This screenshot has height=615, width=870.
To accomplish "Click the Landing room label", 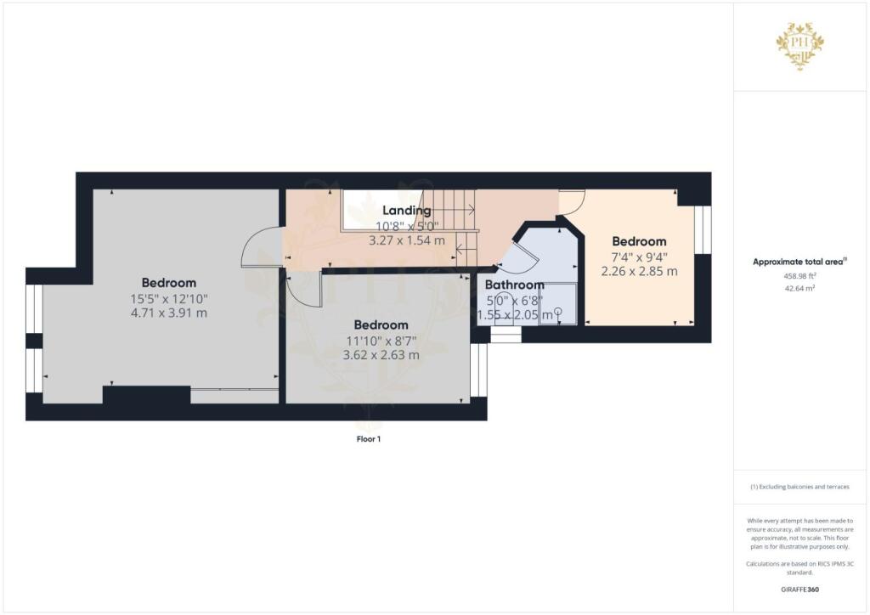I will (406, 210).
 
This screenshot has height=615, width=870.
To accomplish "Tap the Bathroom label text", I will (514, 285).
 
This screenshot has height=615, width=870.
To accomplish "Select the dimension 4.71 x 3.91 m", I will (168, 313).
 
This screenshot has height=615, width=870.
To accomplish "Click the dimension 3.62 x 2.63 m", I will (381, 355).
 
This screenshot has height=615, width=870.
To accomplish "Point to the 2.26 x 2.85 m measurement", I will (639, 272).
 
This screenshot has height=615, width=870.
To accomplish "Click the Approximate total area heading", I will (800, 262).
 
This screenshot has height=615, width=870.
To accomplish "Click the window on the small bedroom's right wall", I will (702, 230).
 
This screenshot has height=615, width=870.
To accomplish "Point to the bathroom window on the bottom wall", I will (506, 336).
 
